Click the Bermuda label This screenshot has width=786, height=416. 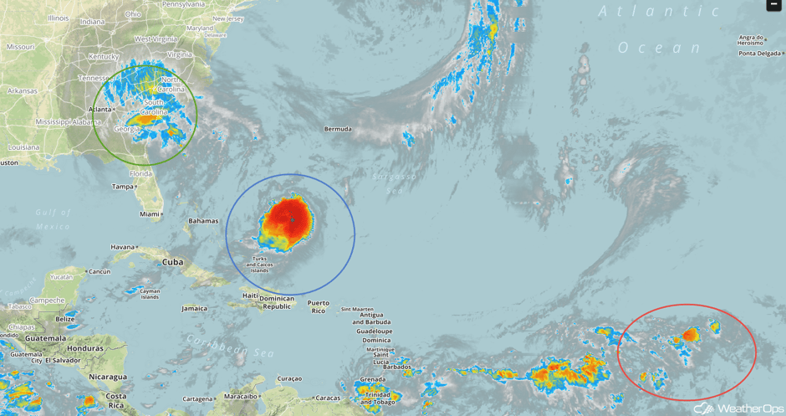point(339,129)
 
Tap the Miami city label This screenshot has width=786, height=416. point(150,214)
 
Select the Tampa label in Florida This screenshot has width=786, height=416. point(123,187)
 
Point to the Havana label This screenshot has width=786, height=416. point(123,247)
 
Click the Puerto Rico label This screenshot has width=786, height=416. point(318,306)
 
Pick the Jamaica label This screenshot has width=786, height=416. point(194,308)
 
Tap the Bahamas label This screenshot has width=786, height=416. point(203,221)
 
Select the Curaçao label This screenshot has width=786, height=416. point(288,378)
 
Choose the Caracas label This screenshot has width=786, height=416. point(328,398)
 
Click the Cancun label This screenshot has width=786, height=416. point(100,272)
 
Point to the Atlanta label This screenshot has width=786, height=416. point(100,110)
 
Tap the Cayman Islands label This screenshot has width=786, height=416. point(150,293)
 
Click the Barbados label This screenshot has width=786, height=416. point(396,367)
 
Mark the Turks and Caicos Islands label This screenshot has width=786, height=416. point(260,264)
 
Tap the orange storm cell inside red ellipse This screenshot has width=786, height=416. point(690,335)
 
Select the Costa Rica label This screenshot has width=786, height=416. point(115,400)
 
